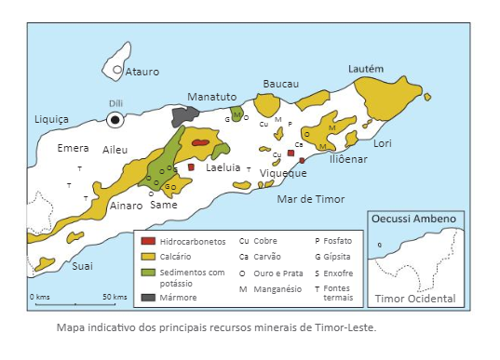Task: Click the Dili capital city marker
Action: pos(115,119)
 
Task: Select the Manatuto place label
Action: pos(212,97)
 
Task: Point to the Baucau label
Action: pos(281,84)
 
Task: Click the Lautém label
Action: pos(365,69)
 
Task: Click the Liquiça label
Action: pos(51,119)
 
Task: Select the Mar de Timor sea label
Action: pos(311,199)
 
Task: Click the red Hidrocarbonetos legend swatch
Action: pos(147,240)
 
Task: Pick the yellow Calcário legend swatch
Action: pos(147,256)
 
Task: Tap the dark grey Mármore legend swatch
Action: pos(147,297)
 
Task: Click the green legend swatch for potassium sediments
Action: pos(147,272)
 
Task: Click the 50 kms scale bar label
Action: pos(115,296)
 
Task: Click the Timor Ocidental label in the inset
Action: pos(414,299)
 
